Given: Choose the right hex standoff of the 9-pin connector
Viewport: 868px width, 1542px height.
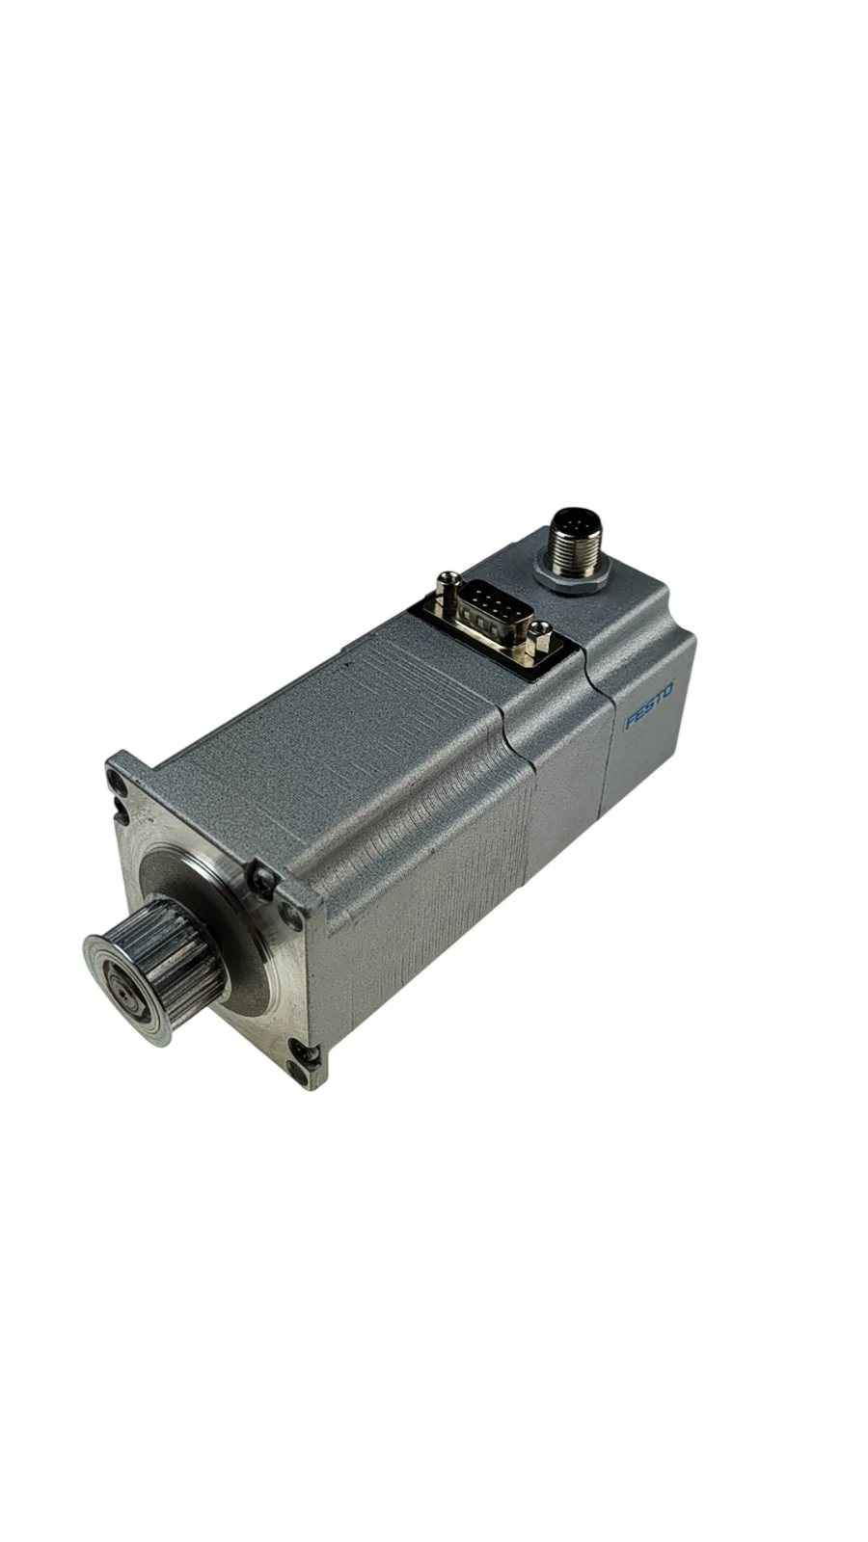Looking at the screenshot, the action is click(x=539, y=639).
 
